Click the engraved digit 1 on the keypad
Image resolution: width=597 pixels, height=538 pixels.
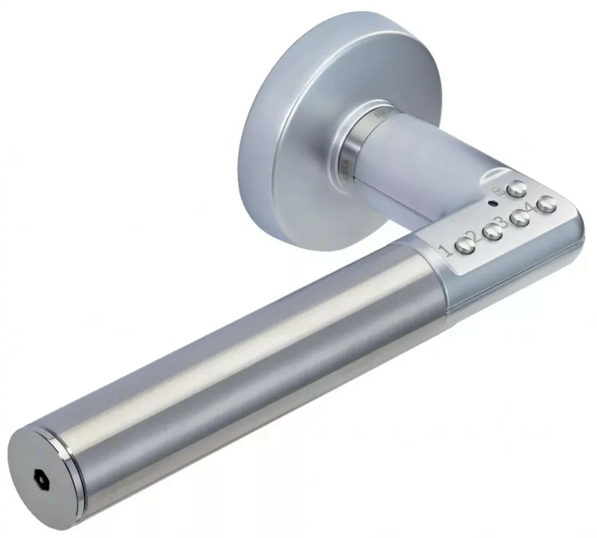(445, 251)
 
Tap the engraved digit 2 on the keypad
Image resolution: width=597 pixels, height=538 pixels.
(473, 237)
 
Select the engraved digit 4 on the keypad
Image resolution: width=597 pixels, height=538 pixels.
(529, 208)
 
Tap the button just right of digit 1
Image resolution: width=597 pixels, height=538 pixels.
(465, 246)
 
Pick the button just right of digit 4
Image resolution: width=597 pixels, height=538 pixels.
(546, 204)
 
